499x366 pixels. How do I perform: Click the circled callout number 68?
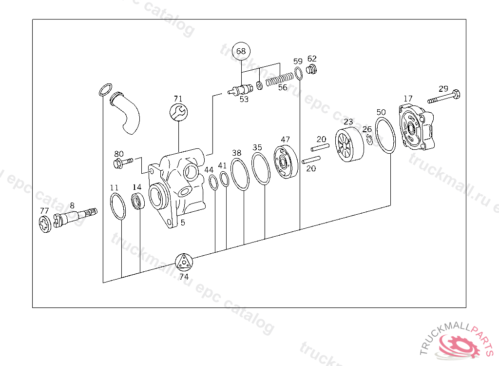coord(241,51)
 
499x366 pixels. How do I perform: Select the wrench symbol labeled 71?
coord(178,113)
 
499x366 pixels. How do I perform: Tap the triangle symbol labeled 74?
coord(184,263)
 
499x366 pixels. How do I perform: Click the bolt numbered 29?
coord(444,98)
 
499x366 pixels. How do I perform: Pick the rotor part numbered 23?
coord(349,144)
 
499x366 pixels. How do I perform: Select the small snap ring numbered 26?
coord(369,140)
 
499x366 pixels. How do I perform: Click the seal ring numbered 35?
coord(261,169)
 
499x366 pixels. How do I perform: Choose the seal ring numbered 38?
coord(240,173)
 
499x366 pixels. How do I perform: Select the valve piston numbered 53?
coord(240,90)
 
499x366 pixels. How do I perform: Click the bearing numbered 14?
coord(138,201)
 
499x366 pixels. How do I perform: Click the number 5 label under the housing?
coord(183,223)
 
